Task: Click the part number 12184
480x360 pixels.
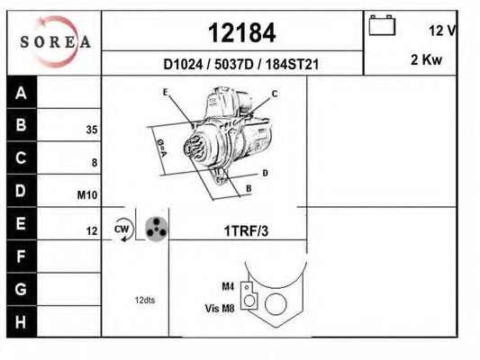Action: (242, 33)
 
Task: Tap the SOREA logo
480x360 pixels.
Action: (56, 41)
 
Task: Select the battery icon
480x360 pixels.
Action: (382, 25)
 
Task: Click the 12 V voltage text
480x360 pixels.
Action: (442, 31)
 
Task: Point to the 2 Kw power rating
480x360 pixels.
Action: (426, 59)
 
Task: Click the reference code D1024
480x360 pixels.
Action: (183, 65)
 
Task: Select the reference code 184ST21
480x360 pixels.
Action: (292, 65)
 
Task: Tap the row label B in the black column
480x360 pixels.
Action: (21, 125)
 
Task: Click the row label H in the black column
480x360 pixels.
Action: (21, 322)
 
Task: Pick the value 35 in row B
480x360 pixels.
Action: (92, 130)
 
